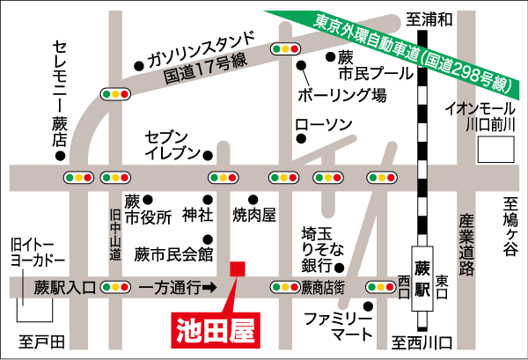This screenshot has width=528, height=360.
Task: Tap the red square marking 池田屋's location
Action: click(x=235, y=268)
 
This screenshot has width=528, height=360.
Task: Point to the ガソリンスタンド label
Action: click(x=202, y=49)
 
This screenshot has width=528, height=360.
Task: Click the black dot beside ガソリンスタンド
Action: click(x=140, y=63)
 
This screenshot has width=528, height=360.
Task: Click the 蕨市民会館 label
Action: click(x=174, y=254)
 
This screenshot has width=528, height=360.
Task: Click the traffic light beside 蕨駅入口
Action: click(x=115, y=287)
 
